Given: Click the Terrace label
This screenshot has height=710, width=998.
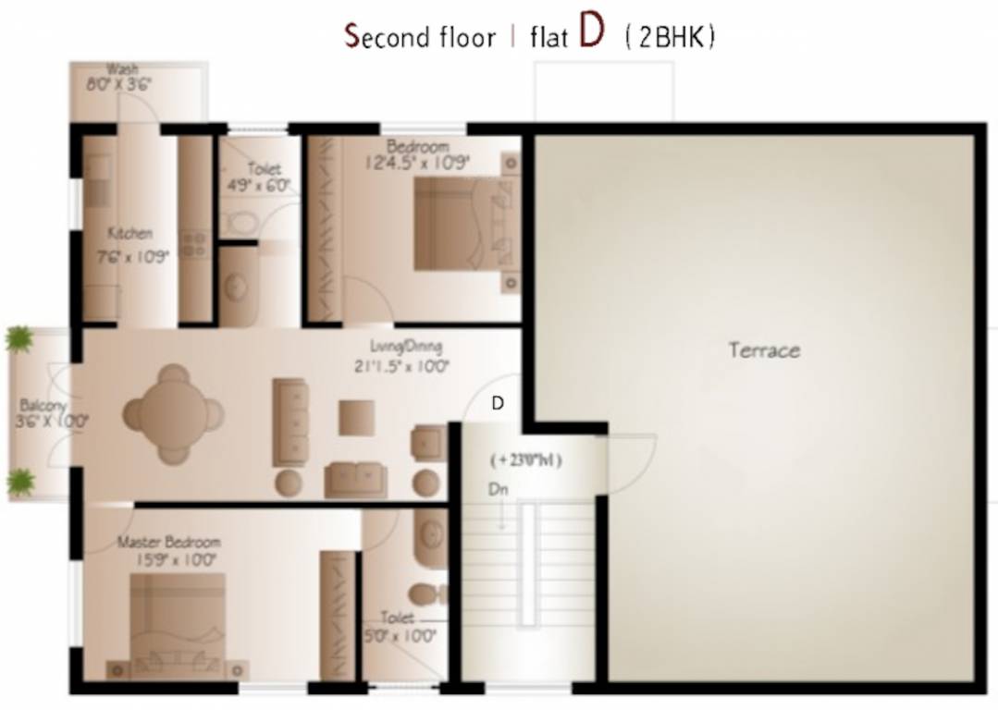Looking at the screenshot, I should pyautogui.click(x=764, y=350).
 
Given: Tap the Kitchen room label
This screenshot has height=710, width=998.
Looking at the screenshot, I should pyautogui.click(x=129, y=234).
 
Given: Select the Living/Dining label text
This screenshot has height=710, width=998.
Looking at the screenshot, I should pyautogui.click(x=405, y=347).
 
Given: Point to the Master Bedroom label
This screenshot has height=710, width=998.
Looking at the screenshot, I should pyautogui.click(x=168, y=542).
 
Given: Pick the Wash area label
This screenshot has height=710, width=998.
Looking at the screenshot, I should pyautogui.click(x=122, y=69).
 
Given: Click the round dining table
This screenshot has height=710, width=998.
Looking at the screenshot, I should pyautogui.click(x=173, y=413).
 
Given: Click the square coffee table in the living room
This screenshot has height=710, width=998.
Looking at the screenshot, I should pyautogui.click(x=356, y=417).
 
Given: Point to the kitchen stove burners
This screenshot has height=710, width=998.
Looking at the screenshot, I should pyautogui.click(x=193, y=244).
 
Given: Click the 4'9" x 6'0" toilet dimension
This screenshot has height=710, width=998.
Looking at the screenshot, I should pyautogui.click(x=265, y=185).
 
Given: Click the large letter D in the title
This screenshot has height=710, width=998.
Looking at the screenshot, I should pyautogui.click(x=592, y=31).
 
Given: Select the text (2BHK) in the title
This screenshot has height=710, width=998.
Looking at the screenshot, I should pyautogui.click(x=670, y=38).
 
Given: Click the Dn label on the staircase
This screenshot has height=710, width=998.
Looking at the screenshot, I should pyautogui.click(x=499, y=489).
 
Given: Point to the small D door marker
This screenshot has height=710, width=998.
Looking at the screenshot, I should pyautogui.click(x=498, y=403).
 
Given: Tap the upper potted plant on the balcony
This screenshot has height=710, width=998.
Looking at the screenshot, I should pyautogui.click(x=18, y=338).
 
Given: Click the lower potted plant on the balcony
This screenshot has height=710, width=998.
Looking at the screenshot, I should pyautogui.click(x=20, y=481).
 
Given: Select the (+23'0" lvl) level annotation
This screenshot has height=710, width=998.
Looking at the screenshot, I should pyautogui.click(x=526, y=459).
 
